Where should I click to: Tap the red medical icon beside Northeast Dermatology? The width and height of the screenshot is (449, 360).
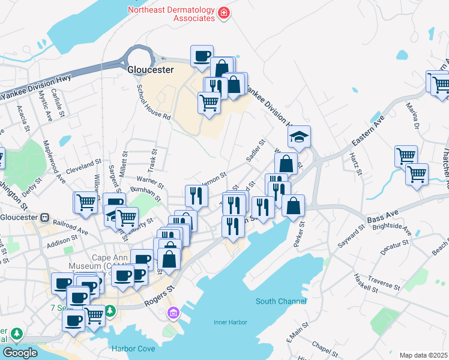(224, 13)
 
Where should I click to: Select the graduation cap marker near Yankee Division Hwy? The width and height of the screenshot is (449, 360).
(299, 137)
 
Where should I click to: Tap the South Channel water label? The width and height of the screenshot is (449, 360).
(281, 301)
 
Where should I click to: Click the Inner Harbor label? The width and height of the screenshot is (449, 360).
(231, 322)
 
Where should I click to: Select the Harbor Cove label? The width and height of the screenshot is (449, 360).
(133, 349)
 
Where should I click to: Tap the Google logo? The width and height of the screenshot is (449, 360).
(20, 353)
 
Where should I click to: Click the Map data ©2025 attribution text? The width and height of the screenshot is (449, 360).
(423, 355)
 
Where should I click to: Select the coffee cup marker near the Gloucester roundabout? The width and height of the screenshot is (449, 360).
(202, 56)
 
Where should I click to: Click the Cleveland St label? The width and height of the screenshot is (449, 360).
(84, 166)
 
